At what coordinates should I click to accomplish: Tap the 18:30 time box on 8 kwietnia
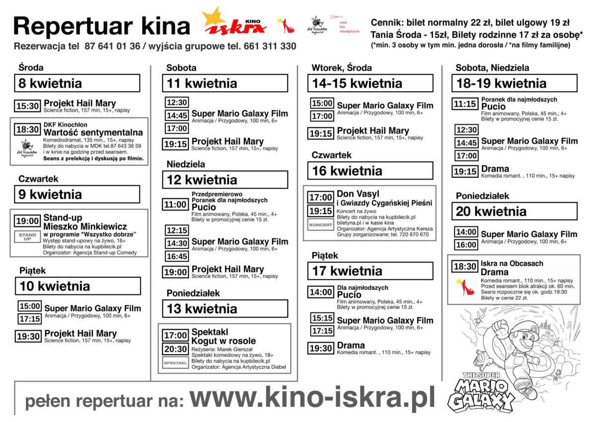(x=28, y=130)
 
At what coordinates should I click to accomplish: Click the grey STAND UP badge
(x=28, y=236)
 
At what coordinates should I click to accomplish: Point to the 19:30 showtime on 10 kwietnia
(x=28, y=337)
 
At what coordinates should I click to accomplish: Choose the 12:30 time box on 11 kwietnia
(x=177, y=103)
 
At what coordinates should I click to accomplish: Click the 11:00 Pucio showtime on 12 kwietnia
(x=176, y=205)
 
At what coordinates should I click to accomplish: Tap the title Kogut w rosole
(x=223, y=341)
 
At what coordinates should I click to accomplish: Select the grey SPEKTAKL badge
(x=176, y=363)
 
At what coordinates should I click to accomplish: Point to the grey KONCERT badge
(x=320, y=225)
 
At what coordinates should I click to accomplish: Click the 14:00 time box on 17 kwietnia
(x=320, y=292)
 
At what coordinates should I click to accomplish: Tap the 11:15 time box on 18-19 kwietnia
(x=465, y=104)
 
